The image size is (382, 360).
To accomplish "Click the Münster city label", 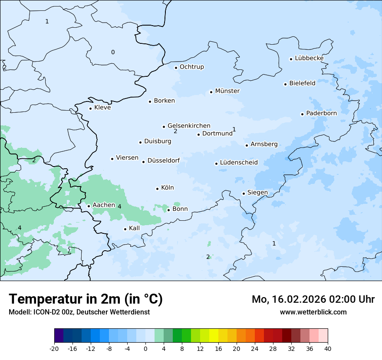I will (227, 91).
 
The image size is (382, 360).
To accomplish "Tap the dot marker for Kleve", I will (90, 108).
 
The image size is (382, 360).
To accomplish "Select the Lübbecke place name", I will (309, 58).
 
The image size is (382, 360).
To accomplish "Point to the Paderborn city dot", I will (302, 114).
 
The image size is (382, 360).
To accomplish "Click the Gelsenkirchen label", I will (189, 126).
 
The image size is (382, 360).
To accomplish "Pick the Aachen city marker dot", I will (89, 206).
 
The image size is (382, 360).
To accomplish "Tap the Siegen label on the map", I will (257, 193).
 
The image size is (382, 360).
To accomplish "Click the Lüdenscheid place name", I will (239, 163).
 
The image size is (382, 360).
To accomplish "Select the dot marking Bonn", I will (168, 210).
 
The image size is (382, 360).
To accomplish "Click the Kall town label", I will (134, 228).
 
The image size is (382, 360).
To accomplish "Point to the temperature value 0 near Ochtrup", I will (113, 52).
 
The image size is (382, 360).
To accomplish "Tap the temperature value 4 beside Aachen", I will (119, 207).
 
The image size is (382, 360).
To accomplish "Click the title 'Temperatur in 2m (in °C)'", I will (86, 299).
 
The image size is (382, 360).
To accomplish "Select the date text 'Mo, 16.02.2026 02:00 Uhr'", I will (313, 299).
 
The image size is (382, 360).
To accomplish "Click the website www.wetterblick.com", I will (313, 312).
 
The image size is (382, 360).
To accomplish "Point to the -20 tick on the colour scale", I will (54, 348).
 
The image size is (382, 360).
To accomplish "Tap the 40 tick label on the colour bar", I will (328, 348).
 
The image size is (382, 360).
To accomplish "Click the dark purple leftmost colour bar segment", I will (59, 335).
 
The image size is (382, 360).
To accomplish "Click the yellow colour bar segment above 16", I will (214, 335).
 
